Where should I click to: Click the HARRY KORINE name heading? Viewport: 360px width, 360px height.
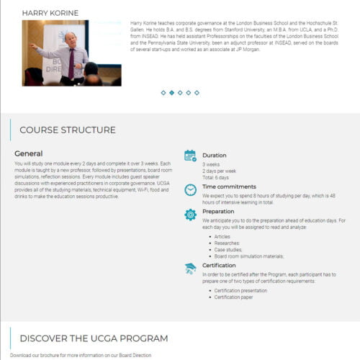(50, 13)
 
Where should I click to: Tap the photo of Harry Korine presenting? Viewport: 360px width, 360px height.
(71, 53)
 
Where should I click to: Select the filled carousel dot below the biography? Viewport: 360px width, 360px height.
(171, 93)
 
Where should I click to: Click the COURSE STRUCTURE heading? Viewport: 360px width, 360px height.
(68, 130)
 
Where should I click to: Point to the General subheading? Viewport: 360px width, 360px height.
(29, 153)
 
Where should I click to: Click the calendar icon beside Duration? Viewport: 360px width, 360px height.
(190, 155)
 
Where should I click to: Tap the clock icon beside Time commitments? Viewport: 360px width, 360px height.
(190, 190)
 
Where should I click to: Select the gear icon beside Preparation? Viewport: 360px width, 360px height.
(190, 215)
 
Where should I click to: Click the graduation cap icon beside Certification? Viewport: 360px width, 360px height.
(190, 268)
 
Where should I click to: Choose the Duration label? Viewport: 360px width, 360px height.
(214, 156)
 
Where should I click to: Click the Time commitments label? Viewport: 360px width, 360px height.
(229, 186)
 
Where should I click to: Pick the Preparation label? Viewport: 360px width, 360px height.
(218, 212)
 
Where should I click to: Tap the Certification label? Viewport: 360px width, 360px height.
(220, 265)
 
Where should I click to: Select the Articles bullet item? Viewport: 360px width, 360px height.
(222, 236)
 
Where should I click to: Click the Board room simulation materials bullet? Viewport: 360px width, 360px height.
(249, 256)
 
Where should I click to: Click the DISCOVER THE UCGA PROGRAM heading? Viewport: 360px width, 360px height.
(94, 338)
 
